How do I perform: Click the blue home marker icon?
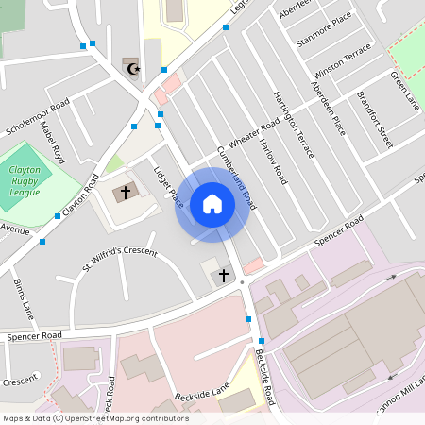[x=212, y=204]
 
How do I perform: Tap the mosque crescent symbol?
[x=131, y=69]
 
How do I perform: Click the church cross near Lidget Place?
[x=124, y=193]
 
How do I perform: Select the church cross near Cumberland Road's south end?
[x=224, y=276]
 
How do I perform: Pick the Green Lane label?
[x=405, y=89]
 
